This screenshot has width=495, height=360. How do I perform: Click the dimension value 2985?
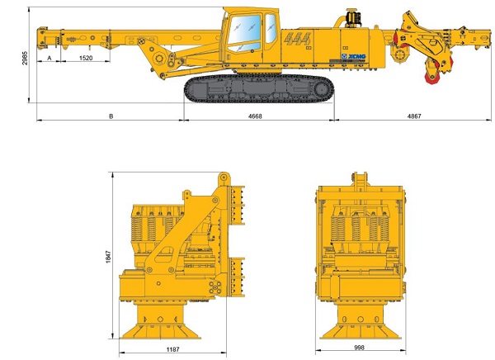(25, 58)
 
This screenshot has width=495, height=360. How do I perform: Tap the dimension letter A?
(49, 58)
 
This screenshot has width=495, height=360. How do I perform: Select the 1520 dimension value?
(86, 58)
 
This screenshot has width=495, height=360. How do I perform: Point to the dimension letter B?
(111, 116)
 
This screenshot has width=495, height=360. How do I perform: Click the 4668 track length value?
(255, 116)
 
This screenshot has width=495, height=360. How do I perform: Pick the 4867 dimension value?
(414, 116)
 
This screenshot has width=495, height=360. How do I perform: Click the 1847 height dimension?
(109, 257)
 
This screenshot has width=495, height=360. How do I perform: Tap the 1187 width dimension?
(172, 349)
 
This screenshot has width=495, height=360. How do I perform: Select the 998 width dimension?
(359, 348)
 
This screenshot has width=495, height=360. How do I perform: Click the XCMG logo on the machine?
(354, 57)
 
